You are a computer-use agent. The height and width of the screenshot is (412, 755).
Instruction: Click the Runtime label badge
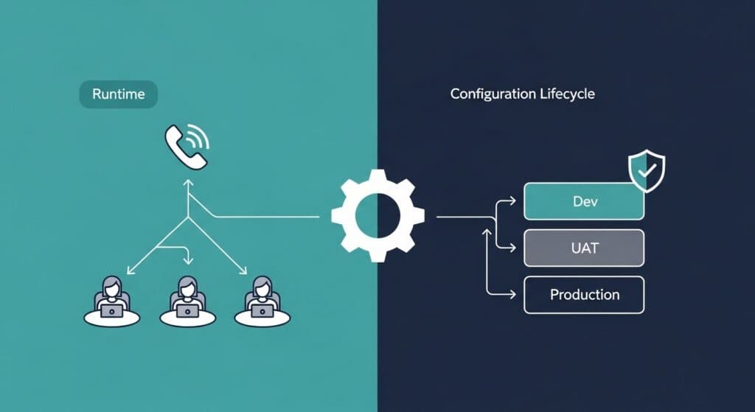[x=117, y=94]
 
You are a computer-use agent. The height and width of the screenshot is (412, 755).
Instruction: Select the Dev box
[x=584, y=201]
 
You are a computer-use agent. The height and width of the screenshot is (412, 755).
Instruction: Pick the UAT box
[x=584, y=248]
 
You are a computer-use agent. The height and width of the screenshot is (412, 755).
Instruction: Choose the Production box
[x=584, y=295]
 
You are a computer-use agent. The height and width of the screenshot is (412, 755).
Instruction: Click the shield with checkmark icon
[x=646, y=172]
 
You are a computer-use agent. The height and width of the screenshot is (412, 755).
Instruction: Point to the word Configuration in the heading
[x=492, y=94]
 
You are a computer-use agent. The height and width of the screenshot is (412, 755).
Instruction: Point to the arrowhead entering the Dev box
[x=514, y=201]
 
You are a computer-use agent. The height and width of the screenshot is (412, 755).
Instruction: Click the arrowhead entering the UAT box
[x=514, y=248]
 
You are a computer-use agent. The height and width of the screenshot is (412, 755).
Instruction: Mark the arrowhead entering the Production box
[x=514, y=295]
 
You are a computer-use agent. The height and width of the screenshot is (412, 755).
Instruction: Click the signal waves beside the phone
[x=198, y=136]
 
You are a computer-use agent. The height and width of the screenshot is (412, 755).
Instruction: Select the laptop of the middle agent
[x=187, y=312]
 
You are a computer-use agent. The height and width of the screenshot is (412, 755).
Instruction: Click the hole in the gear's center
[x=377, y=215]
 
